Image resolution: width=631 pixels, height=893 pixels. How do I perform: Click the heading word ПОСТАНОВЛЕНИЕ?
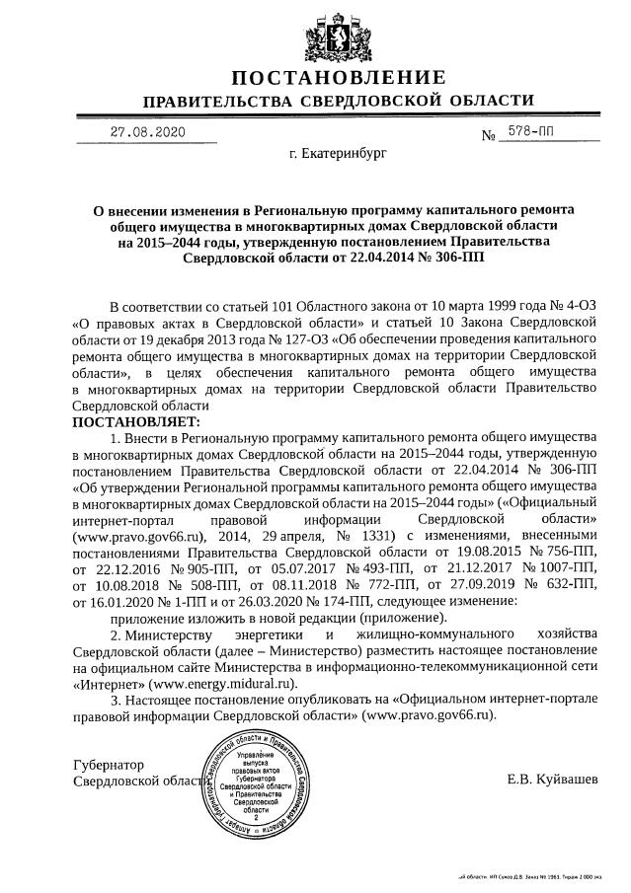338,78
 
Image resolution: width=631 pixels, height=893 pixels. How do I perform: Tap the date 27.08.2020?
147,131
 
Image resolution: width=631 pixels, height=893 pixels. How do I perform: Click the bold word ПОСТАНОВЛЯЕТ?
136,421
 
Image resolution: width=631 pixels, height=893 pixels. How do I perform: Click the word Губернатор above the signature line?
109,765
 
